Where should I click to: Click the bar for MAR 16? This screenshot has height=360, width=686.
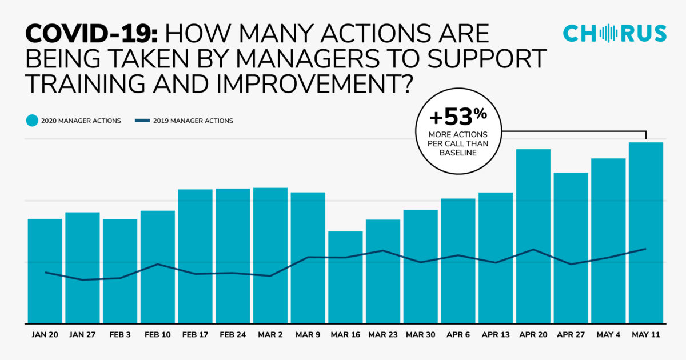tap(345, 277)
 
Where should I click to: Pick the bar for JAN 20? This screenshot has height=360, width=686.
tap(45, 271)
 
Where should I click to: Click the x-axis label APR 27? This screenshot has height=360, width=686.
tap(571, 335)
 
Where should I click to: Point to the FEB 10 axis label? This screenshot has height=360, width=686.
tap(158, 335)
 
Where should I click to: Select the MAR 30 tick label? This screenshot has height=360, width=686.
tap(420, 335)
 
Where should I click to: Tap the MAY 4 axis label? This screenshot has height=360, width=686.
tap(608, 335)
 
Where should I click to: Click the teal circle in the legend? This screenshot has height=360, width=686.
tap(32, 121)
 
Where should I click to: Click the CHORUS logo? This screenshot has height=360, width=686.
tap(615, 33)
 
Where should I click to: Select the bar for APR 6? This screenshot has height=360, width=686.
tap(458, 261)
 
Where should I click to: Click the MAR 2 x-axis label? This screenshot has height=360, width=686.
tap(270, 335)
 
